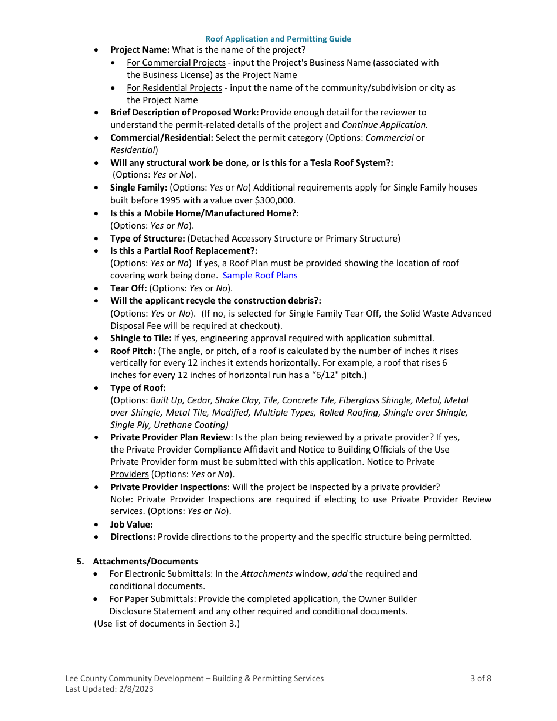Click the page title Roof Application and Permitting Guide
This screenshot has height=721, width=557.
click(278, 39)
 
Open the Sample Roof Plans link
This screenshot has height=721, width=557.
click(260, 276)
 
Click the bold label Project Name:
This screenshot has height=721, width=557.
click(140, 50)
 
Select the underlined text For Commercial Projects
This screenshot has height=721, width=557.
click(176, 63)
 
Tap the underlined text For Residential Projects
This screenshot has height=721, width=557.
click(174, 88)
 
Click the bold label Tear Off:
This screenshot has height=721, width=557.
click(128, 288)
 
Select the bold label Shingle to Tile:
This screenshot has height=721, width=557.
click(141, 338)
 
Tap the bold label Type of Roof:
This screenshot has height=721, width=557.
click(138, 388)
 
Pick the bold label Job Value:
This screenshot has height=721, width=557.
click(131, 525)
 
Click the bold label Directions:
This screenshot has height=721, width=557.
click(133, 537)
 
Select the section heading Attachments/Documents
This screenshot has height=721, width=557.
click(145, 562)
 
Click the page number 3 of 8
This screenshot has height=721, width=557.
click(480, 678)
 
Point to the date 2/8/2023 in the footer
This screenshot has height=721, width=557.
click(135, 689)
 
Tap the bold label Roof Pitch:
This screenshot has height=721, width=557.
click(133, 351)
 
